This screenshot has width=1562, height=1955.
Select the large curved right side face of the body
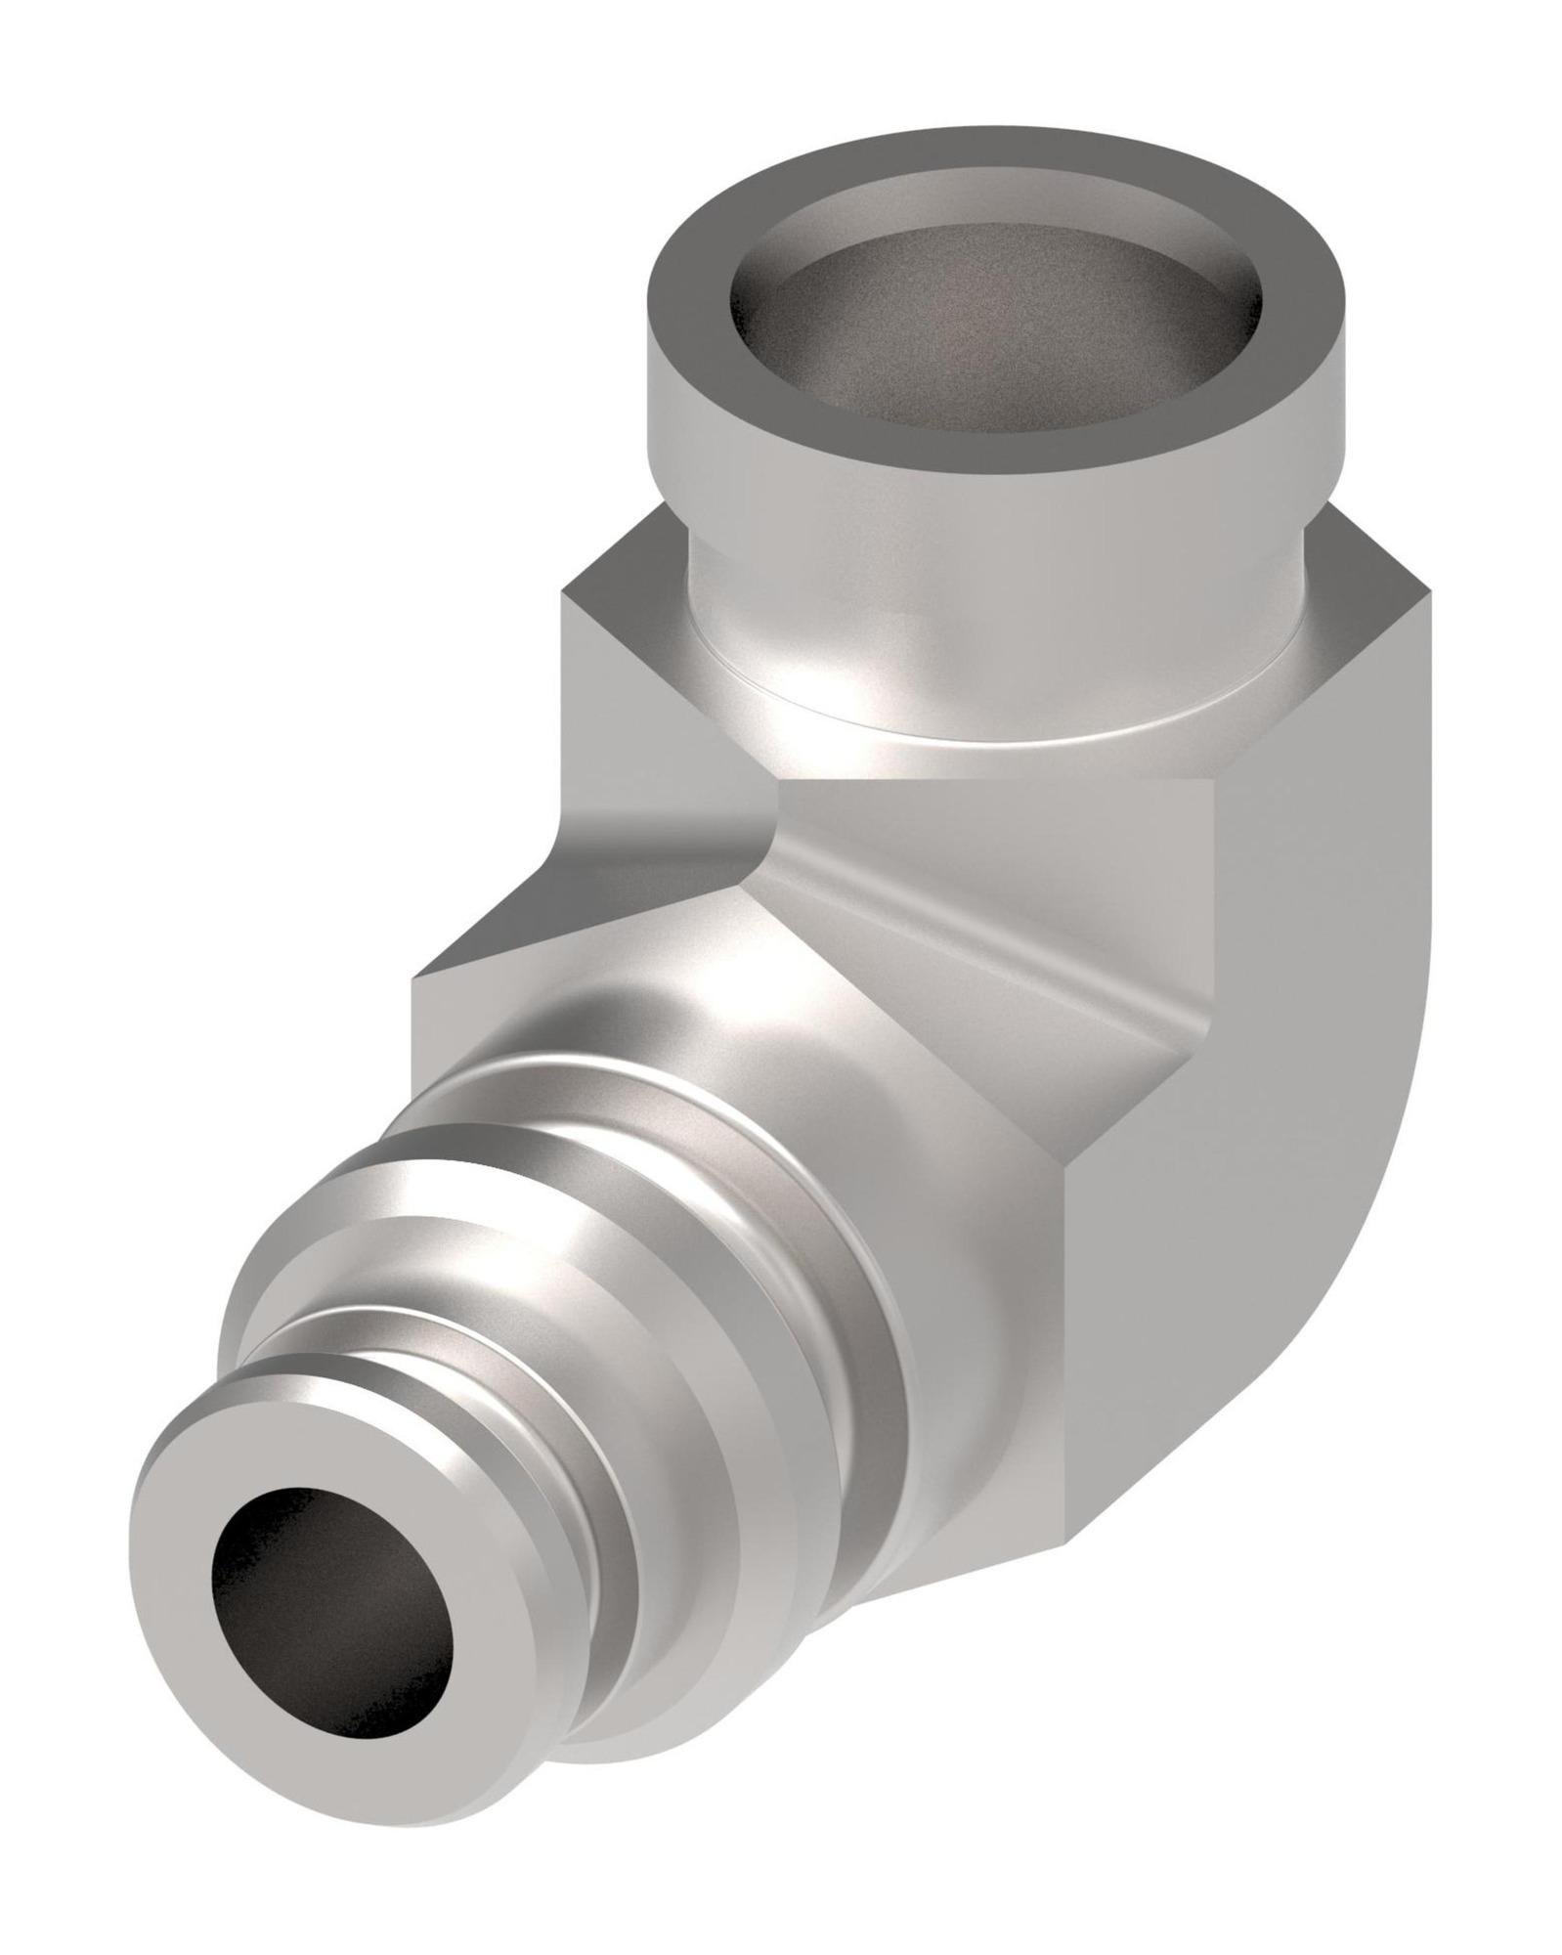click(1310, 1075)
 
